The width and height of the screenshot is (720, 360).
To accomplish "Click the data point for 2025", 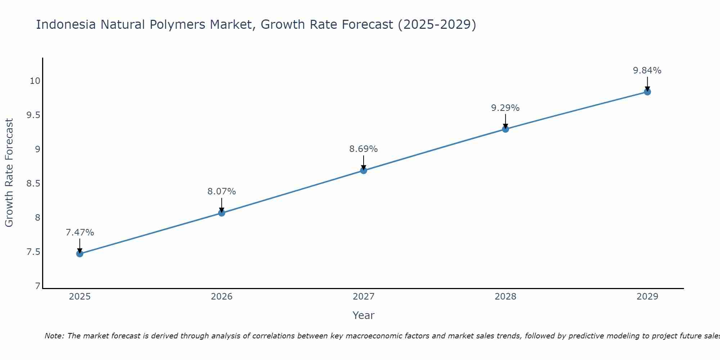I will tap(80, 254).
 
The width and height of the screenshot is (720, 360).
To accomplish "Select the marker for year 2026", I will tap(221, 213).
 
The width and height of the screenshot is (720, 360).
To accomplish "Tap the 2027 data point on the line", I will tap(364, 170).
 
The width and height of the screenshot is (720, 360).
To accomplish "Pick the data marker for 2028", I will tap(505, 129).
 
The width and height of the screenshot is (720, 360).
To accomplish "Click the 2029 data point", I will tap(647, 92).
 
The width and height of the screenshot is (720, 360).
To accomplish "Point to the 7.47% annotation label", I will tap(80, 233).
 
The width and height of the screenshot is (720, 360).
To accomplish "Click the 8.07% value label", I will tap(221, 192).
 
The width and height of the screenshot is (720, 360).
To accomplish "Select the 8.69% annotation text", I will tap(364, 149).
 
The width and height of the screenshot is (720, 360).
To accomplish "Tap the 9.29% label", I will tap(505, 108).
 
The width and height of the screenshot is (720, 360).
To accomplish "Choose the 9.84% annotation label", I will tap(647, 71).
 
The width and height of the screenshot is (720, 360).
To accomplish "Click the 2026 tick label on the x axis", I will tap(221, 297).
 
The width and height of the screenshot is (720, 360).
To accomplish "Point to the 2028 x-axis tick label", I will tap(505, 297).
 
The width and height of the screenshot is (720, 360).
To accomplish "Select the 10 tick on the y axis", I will tap(35, 81).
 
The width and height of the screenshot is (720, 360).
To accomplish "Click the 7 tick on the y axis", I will tap(37, 286).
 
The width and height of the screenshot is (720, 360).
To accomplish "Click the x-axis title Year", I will tap(364, 315).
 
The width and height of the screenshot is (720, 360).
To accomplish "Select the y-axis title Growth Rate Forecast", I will tap(9, 173).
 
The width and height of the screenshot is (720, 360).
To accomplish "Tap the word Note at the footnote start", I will tap(54, 336).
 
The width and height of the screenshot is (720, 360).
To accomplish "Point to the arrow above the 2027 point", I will tap(364, 162).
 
